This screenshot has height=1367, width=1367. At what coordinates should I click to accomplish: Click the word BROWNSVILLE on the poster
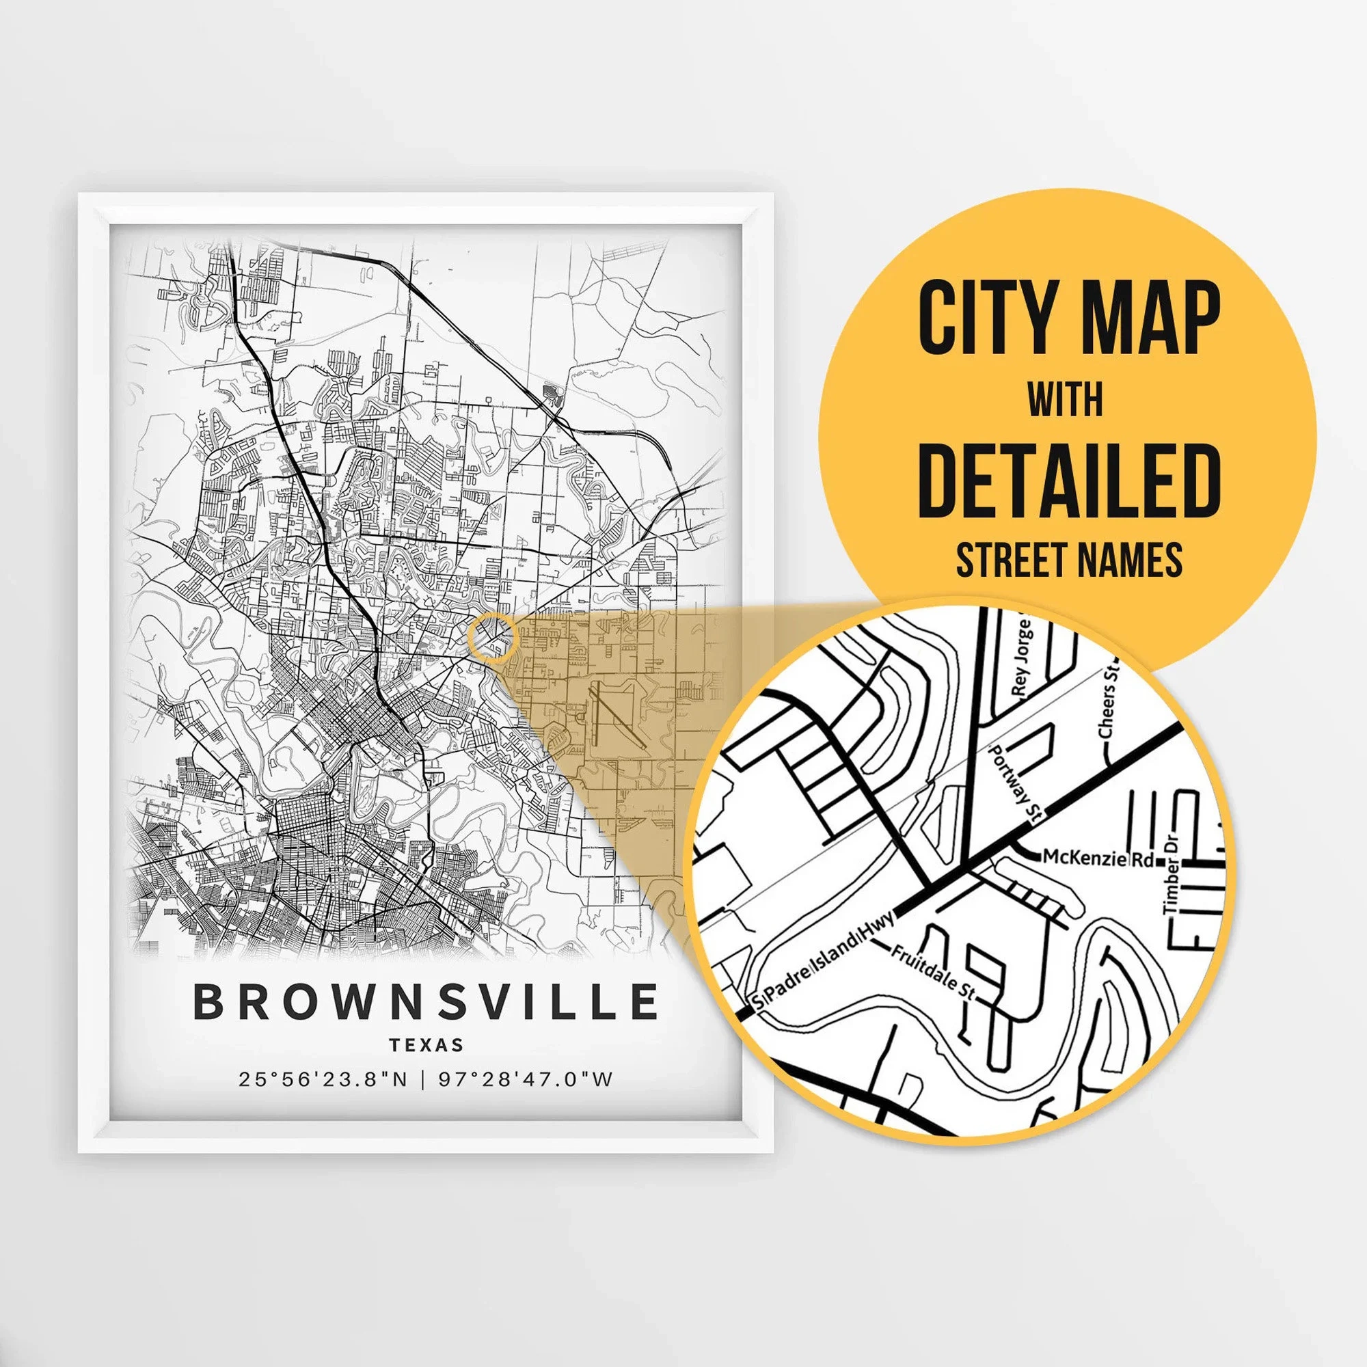425,1002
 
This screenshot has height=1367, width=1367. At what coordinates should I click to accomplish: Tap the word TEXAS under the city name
426,1045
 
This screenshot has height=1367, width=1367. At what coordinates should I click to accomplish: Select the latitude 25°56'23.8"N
323,1080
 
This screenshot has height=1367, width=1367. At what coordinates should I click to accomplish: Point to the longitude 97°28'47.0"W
525,1080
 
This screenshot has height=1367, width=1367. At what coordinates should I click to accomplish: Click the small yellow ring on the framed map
494,638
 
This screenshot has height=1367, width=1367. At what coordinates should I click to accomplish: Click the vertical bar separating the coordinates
423,1080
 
